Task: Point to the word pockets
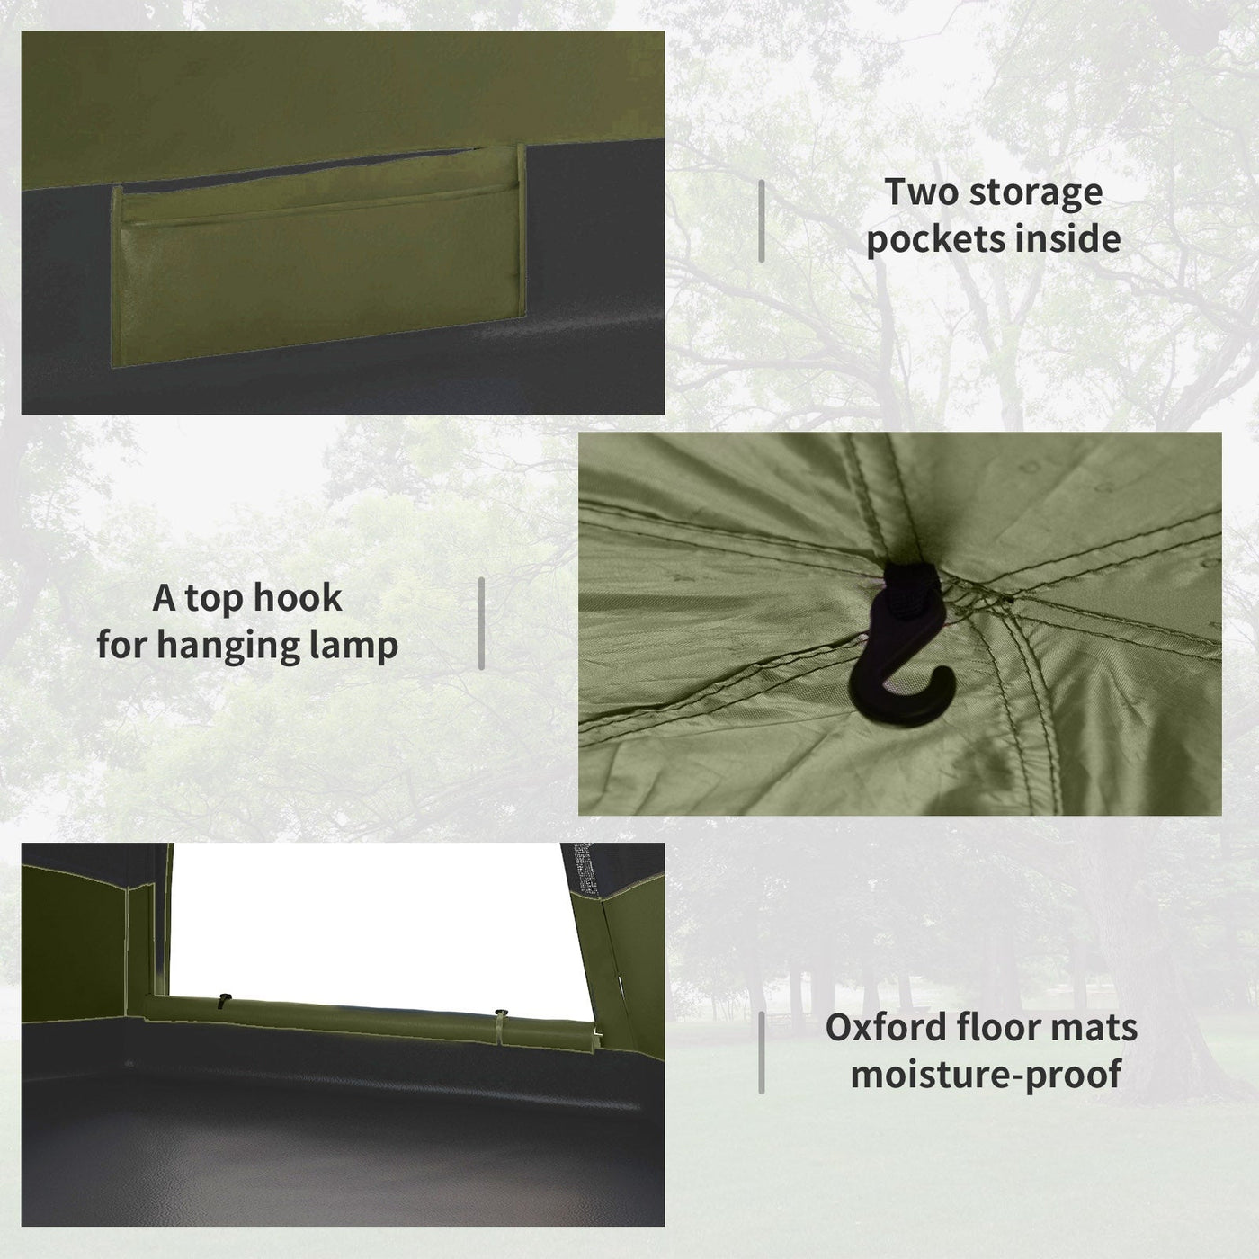tap(925, 239)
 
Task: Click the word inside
tap(1058, 238)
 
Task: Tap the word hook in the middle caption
tap(298, 598)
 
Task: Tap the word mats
tap(1097, 1029)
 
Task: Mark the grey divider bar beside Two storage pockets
tap(762, 221)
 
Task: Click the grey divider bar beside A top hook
tap(481, 623)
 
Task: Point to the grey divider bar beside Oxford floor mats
tap(762, 1052)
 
